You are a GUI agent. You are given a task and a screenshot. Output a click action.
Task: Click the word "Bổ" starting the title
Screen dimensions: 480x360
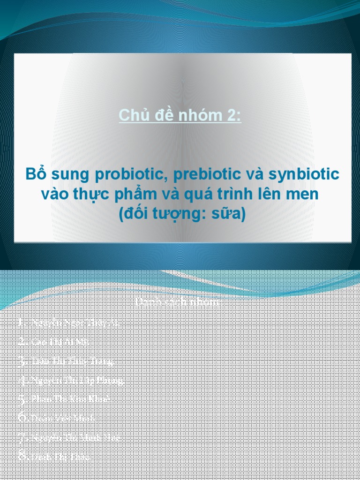(34, 174)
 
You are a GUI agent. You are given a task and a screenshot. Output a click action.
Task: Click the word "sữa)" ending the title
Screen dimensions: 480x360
(229, 214)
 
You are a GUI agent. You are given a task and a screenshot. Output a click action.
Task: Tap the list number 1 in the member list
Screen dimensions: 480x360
(20, 323)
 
